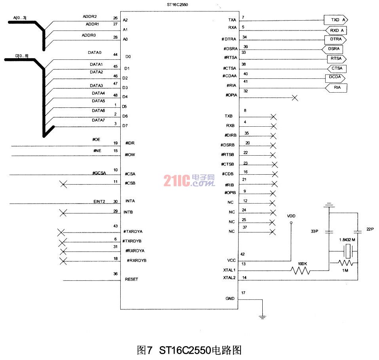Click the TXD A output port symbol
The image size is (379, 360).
click(336, 20)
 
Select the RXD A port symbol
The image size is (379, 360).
click(336, 30)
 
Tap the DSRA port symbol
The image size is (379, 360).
click(332, 50)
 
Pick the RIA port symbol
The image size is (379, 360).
click(336, 88)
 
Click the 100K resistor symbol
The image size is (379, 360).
click(300, 270)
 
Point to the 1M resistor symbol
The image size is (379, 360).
click(345, 263)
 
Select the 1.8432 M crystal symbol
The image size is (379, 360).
click(348, 251)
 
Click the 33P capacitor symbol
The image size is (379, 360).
click(329, 232)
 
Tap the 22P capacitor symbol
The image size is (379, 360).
click(358, 232)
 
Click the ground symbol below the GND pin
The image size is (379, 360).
click(262, 317)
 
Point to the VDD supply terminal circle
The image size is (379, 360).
click(291, 223)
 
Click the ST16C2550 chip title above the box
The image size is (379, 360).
click(177, 5)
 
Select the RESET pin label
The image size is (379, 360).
click(131, 279)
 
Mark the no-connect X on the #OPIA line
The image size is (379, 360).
click(295, 98)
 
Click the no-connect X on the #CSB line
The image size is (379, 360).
click(63, 184)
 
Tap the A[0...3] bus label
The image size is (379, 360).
click(20, 18)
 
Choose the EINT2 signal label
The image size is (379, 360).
click(99, 201)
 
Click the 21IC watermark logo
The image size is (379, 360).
click(189, 181)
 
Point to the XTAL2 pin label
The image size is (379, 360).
click(229, 278)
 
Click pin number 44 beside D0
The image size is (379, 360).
click(115, 55)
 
